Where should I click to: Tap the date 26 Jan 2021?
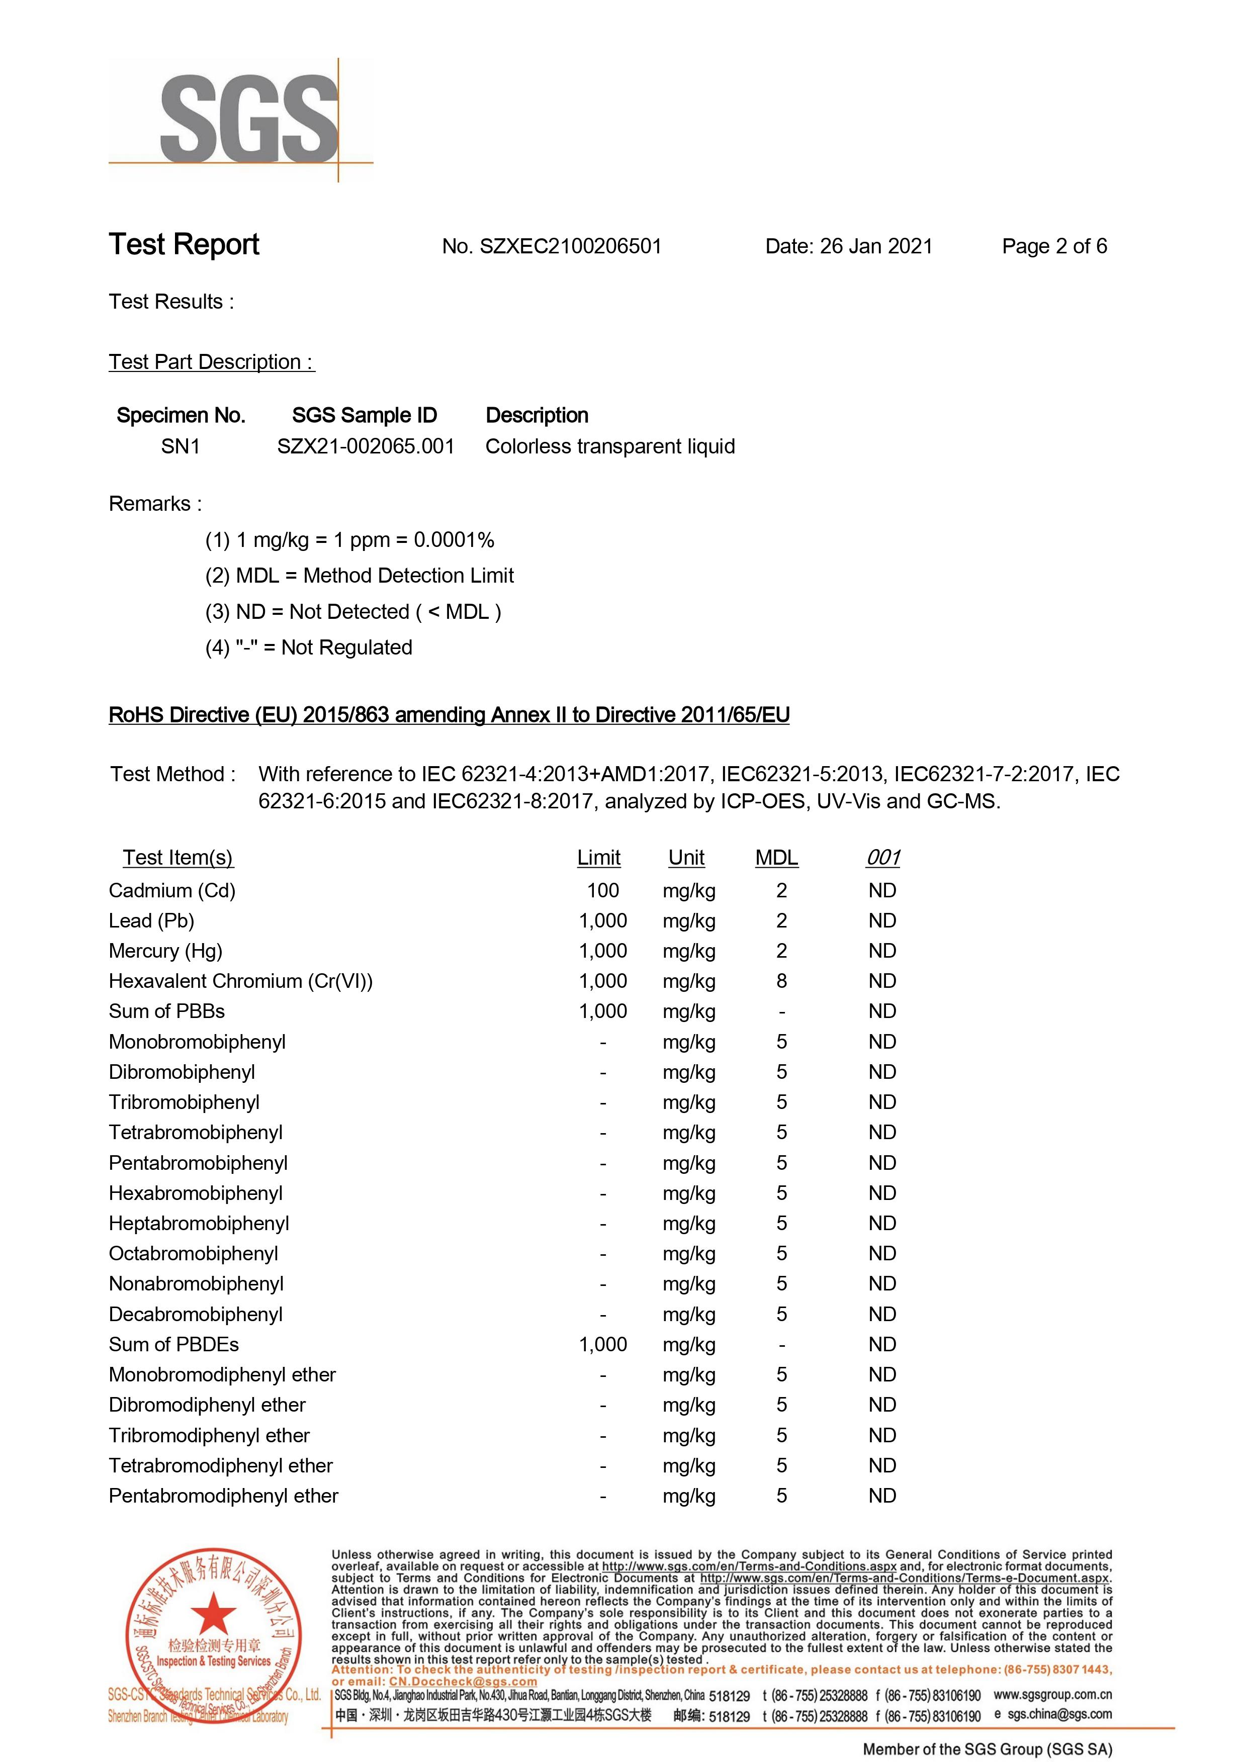[x=875, y=246]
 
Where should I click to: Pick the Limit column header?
[x=598, y=858]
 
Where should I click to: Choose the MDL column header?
[x=776, y=858]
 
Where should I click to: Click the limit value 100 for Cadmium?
[x=603, y=891]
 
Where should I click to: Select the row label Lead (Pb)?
[x=151, y=920]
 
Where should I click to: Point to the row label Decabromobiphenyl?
[x=196, y=1315]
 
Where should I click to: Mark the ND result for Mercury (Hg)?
[x=882, y=951]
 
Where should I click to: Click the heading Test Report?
[x=185, y=244]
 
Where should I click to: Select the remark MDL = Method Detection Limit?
[x=374, y=576]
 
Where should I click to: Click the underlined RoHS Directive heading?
[x=449, y=715]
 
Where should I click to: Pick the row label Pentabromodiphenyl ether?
[x=223, y=1496]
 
